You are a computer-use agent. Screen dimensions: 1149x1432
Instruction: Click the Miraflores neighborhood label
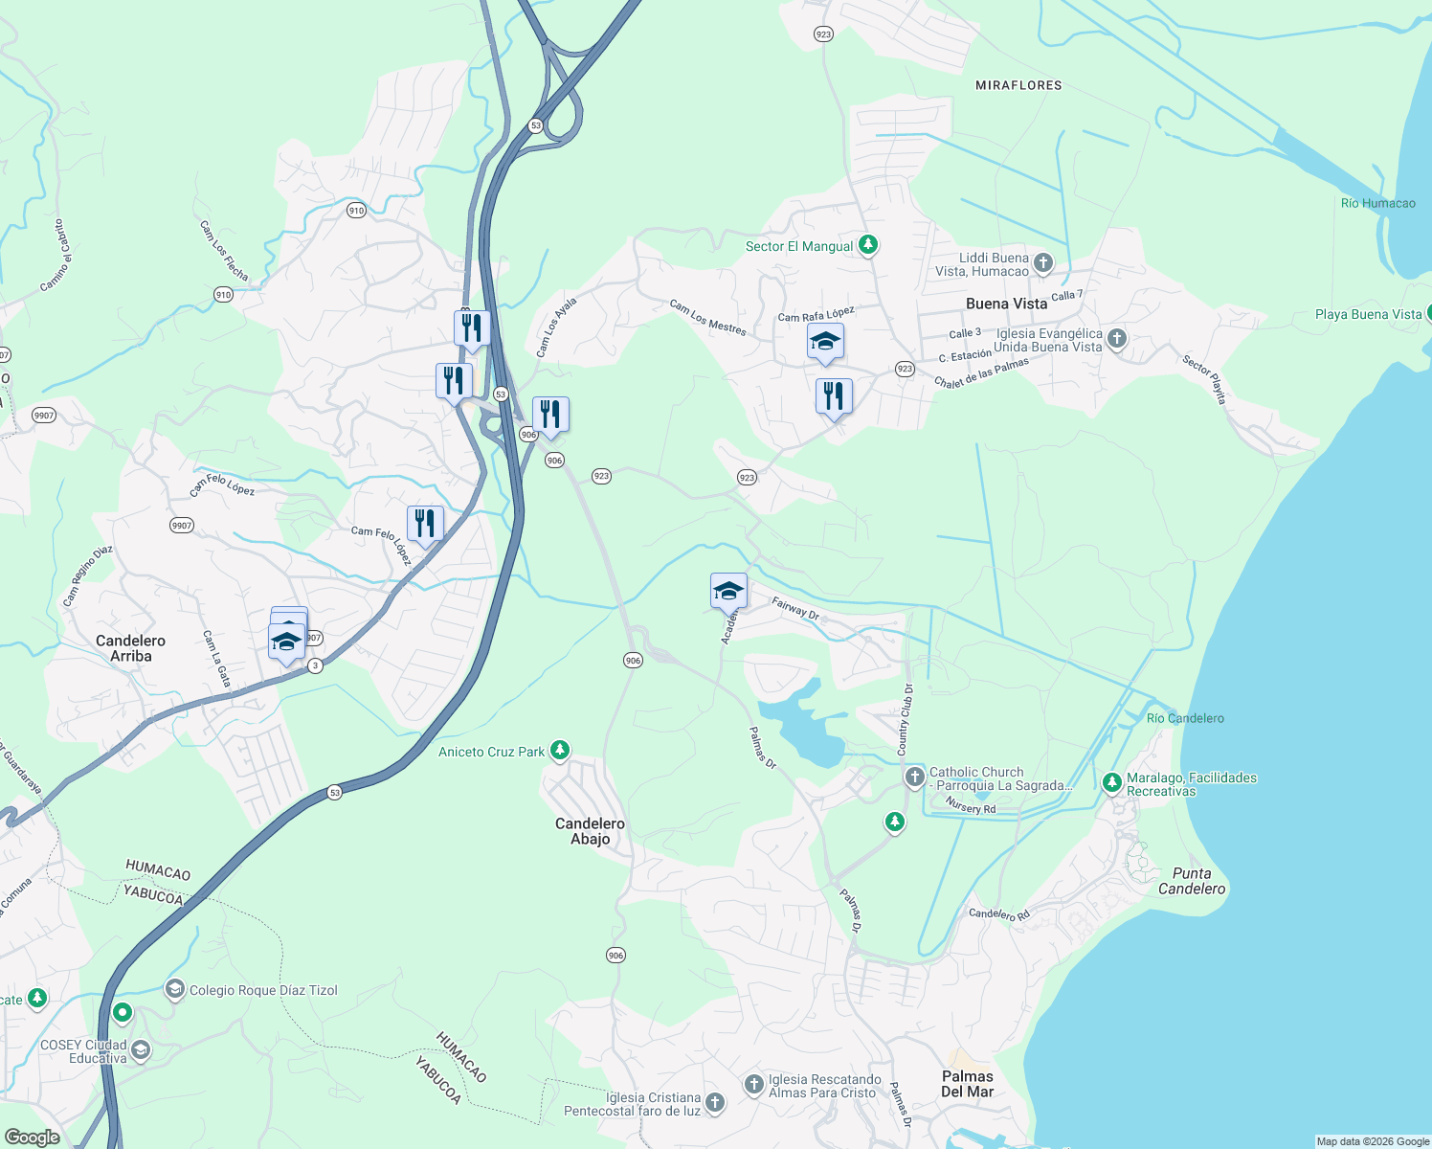pyautogui.click(x=1018, y=85)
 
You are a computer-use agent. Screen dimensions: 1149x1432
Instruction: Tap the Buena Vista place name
pyautogui.click(x=1006, y=304)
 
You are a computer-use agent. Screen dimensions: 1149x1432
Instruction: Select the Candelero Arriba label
pyautogui.click(x=130, y=648)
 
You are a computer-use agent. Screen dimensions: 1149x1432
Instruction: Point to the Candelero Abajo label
pyautogui.click(x=590, y=831)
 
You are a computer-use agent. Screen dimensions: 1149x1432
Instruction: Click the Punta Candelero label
pyautogui.click(x=1192, y=881)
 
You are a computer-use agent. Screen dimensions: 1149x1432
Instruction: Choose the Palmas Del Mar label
pyautogui.click(x=967, y=1084)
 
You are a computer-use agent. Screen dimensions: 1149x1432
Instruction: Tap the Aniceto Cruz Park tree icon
pyautogui.click(x=560, y=751)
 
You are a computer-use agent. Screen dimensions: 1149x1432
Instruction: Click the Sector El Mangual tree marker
pyautogui.click(x=867, y=245)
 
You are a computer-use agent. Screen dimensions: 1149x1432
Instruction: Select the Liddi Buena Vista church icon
pyautogui.click(x=1043, y=262)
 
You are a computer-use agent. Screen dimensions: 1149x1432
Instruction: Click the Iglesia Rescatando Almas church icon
pyautogui.click(x=754, y=1085)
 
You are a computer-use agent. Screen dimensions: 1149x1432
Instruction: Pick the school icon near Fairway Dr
pyautogui.click(x=728, y=591)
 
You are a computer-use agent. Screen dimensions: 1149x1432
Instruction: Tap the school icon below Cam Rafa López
pyautogui.click(x=825, y=342)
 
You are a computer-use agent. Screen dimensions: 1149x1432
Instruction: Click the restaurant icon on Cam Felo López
pyautogui.click(x=424, y=524)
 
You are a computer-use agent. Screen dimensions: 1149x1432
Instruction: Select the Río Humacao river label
pyautogui.click(x=1377, y=203)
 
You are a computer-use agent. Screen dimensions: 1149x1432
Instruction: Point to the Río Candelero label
pyautogui.click(x=1185, y=718)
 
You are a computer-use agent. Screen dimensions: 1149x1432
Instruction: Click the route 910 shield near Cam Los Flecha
pyautogui.click(x=223, y=294)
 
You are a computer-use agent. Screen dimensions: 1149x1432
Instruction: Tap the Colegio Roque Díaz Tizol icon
pyautogui.click(x=174, y=989)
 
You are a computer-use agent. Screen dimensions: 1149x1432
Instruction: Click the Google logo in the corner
pyautogui.click(x=32, y=1137)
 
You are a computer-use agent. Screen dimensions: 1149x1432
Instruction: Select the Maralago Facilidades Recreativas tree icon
pyautogui.click(x=1111, y=783)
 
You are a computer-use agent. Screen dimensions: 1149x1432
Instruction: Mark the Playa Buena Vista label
pyautogui.click(x=1368, y=314)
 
